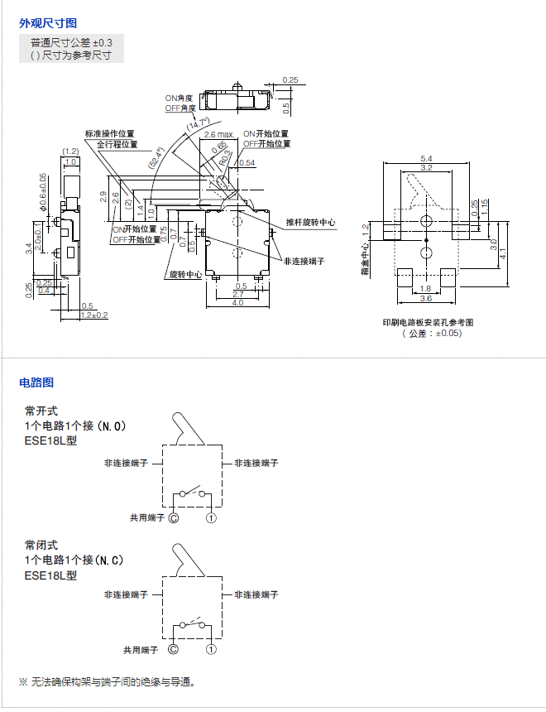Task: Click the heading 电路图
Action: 36,382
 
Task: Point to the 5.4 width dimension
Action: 426,158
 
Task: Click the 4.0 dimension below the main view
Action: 237,302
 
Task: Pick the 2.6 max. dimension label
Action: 219,133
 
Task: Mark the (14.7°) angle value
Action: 199,126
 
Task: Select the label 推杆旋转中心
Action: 311,223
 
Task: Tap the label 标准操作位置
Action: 109,133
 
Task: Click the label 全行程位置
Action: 115,143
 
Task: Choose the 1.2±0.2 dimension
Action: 94,315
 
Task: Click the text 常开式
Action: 41,411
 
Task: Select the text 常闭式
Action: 41,545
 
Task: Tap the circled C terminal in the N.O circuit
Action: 174,517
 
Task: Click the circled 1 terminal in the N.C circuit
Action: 211,652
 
